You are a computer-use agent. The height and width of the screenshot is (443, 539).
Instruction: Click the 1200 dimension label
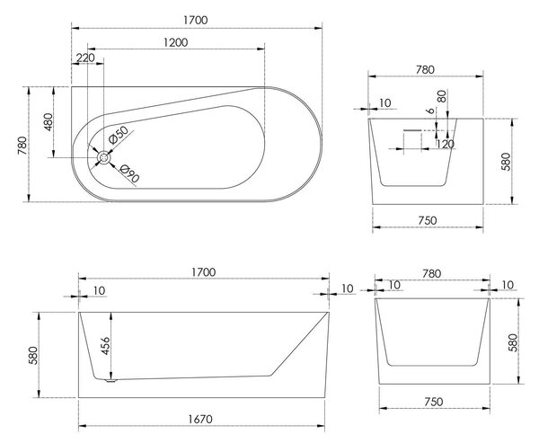176,42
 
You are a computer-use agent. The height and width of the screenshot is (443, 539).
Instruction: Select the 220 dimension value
85,58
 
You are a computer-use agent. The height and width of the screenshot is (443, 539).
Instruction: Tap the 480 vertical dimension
49,121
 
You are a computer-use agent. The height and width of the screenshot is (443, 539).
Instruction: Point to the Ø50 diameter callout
118,135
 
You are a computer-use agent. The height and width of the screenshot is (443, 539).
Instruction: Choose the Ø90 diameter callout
130,173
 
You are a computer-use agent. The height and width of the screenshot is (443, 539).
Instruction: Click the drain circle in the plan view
103,158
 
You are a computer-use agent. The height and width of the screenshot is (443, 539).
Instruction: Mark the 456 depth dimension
105,346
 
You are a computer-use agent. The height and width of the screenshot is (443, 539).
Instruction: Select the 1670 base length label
200,419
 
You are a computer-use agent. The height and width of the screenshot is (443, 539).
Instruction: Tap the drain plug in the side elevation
110,380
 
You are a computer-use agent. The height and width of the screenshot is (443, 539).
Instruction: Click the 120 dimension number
446,144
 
